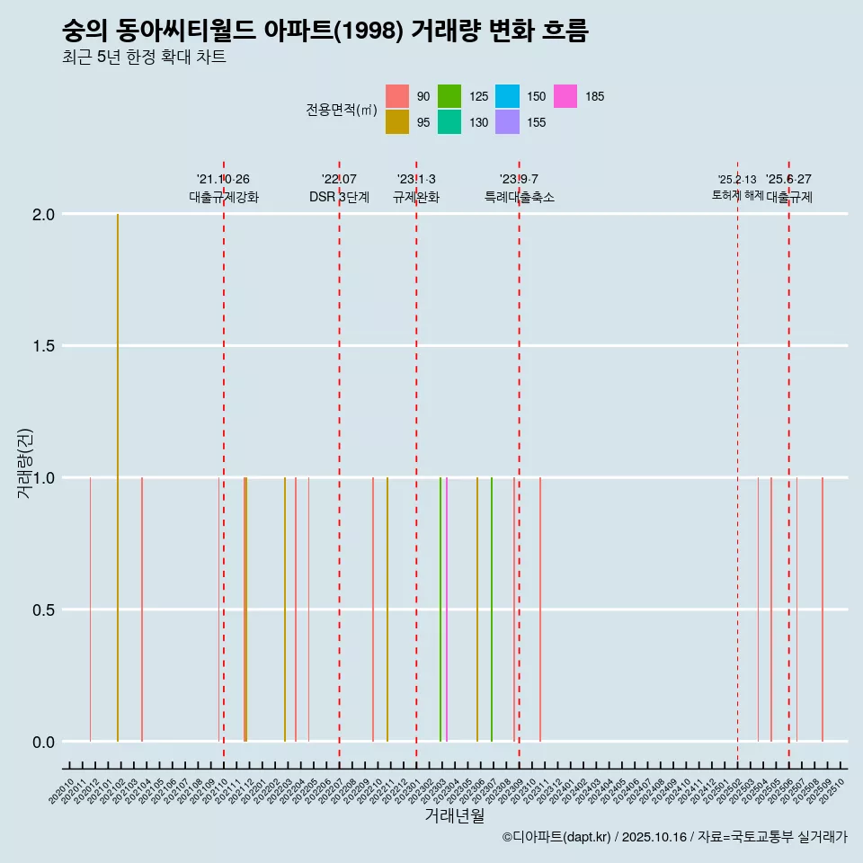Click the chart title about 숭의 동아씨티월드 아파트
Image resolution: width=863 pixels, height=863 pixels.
(325, 31)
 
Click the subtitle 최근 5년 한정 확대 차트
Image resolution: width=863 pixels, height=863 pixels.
(144, 58)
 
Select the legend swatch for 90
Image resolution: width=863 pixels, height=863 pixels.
(397, 96)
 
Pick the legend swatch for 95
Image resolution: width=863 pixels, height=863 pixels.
(397, 122)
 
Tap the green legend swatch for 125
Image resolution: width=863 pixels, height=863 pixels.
(449, 96)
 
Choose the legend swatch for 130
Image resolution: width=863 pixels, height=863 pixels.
(449, 122)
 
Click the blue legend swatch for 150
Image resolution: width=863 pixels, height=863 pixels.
(507, 96)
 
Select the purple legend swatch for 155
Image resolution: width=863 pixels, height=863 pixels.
(507, 122)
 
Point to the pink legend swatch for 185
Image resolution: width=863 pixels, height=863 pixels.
(565, 96)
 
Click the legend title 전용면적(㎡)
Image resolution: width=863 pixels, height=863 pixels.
(341, 110)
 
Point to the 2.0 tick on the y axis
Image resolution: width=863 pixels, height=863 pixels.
(44, 215)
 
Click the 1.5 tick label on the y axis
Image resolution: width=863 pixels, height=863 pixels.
(44, 346)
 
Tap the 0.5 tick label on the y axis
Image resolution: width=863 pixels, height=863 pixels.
(44, 610)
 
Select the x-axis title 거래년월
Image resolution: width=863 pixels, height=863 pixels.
(454, 815)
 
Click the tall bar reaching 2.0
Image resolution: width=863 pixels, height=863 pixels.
(118, 476)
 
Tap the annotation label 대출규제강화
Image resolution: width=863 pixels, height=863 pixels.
(224, 198)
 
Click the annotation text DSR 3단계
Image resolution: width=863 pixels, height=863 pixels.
(339, 198)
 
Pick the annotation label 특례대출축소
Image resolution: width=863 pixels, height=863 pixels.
(519, 198)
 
